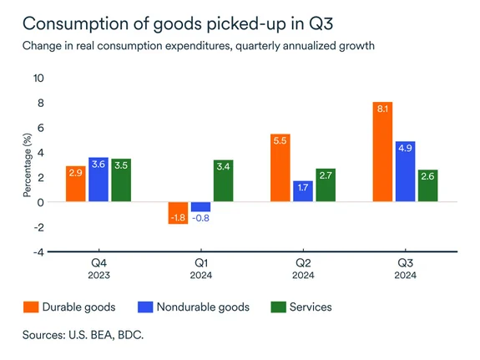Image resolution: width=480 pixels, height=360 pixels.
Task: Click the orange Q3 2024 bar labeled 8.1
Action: click(x=382, y=152)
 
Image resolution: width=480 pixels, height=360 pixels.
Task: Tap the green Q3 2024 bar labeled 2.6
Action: click(x=427, y=185)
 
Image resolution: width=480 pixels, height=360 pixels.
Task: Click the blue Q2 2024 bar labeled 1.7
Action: click(x=303, y=191)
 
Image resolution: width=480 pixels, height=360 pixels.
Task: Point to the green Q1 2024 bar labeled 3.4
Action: click(x=223, y=180)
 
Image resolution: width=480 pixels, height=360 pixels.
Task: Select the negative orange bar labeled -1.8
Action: click(x=178, y=213)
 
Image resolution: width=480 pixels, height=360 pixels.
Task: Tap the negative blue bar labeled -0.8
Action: click(x=200, y=207)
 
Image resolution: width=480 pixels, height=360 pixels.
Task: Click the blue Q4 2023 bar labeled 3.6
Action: click(x=99, y=180)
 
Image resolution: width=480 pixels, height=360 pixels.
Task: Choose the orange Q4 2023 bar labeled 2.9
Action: click(x=76, y=184)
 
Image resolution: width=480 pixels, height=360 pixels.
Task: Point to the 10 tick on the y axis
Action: click(x=38, y=79)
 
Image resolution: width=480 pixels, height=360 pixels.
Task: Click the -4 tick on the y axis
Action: click(x=38, y=251)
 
